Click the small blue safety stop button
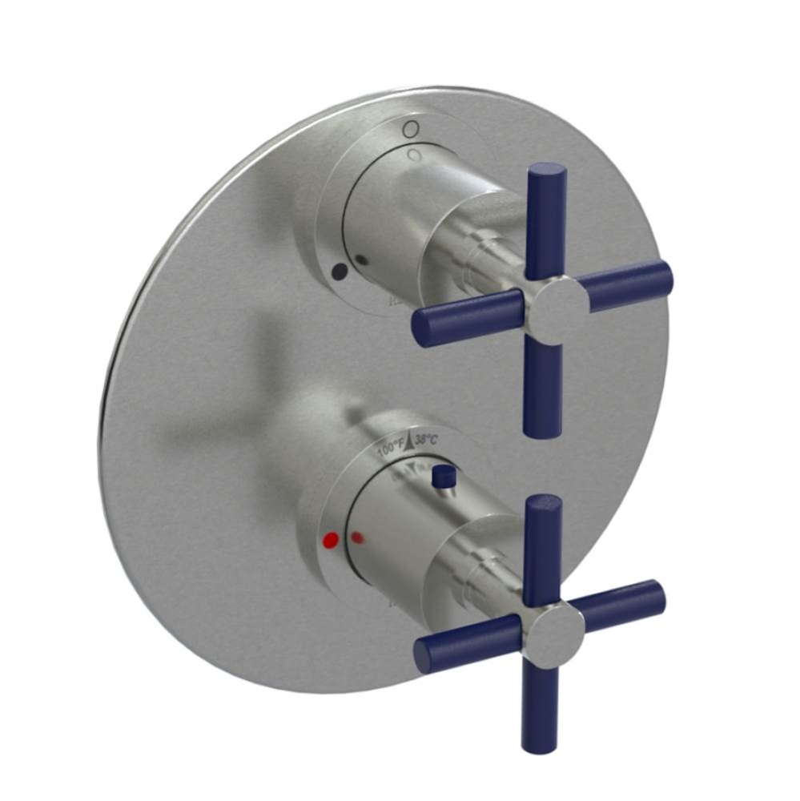(x=439, y=477)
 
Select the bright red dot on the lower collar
(x=328, y=541)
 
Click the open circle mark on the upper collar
(x=410, y=127)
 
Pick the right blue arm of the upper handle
(x=625, y=282)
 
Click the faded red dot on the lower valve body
(x=358, y=537)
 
